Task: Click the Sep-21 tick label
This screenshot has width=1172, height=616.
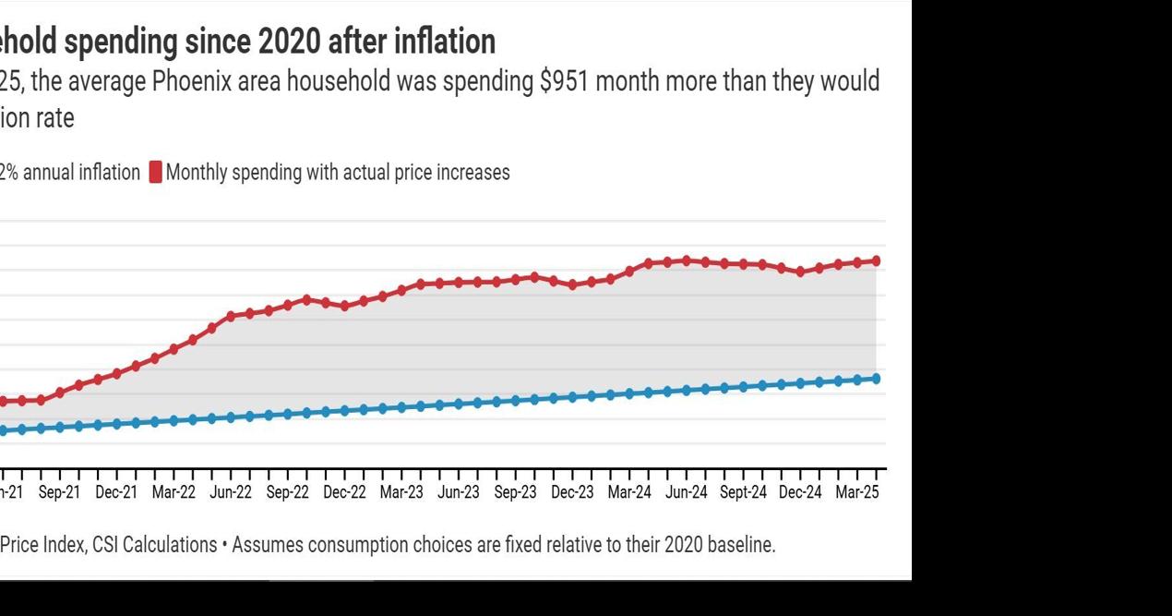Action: (59, 493)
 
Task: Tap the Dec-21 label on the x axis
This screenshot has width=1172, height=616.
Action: (116, 493)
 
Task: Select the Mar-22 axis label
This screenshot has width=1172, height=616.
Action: (173, 493)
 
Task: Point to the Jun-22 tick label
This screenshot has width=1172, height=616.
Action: (231, 493)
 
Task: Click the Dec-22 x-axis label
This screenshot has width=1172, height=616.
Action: (344, 493)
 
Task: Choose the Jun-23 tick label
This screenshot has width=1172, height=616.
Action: (459, 493)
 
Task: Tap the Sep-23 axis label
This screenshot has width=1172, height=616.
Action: (515, 493)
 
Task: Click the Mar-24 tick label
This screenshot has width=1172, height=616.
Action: (629, 493)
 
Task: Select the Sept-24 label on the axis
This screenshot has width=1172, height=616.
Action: (743, 493)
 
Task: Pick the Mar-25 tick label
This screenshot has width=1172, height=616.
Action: (857, 493)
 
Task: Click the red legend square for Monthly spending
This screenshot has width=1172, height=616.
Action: (155, 173)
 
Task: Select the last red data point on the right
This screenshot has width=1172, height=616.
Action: (876, 261)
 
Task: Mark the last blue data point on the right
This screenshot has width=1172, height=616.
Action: (876, 379)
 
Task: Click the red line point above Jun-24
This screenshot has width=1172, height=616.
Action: (686, 260)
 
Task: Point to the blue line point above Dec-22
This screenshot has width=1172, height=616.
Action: (344, 411)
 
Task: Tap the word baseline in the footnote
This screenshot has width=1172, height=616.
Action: (741, 545)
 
